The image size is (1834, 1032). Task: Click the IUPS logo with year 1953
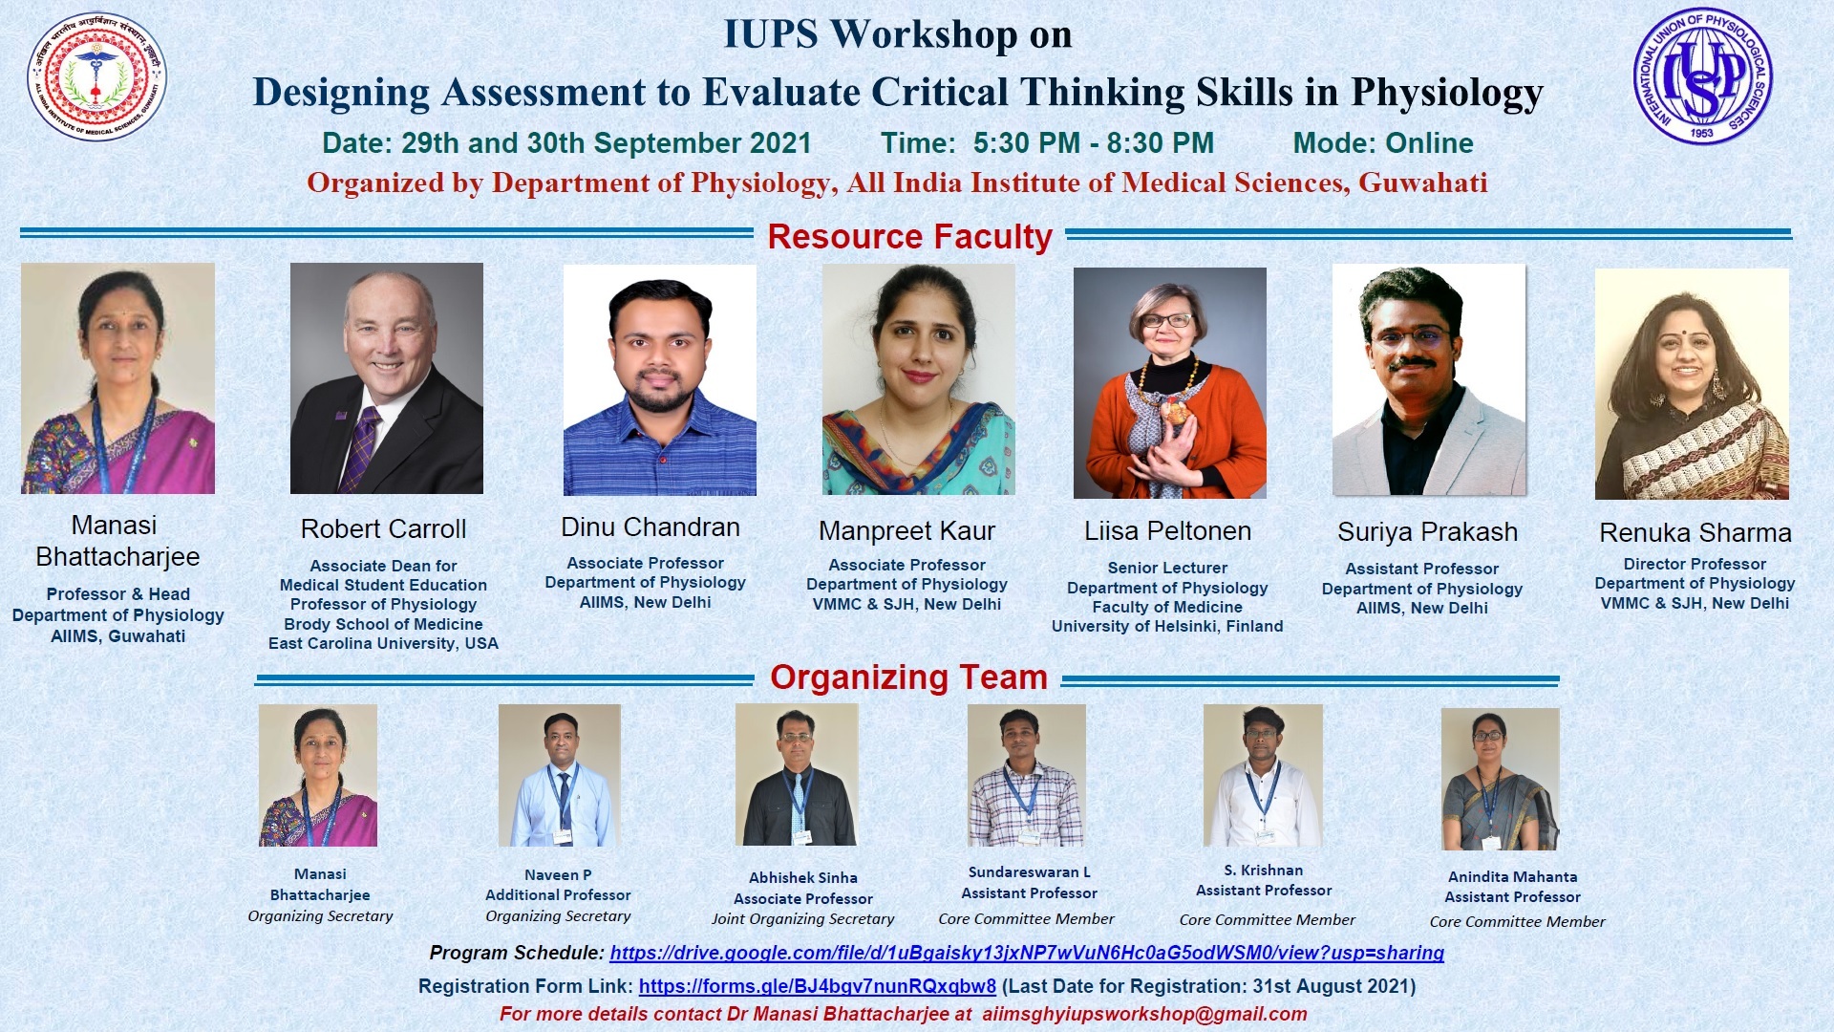(1702, 76)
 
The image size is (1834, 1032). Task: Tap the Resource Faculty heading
(909, 236)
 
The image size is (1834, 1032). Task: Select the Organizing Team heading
(908, 677)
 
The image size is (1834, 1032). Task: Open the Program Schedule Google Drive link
(1027, 953)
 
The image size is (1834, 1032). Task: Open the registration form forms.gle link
(818, 986)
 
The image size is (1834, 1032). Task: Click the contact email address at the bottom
(1144, 1014)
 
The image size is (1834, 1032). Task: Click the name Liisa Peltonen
(1167, 531)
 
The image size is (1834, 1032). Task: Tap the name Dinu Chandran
(650, 527)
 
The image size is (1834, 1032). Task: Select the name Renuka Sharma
(1695, 533)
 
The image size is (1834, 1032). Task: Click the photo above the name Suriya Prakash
(1429, 380)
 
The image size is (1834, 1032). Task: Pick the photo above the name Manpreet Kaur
(919, 380)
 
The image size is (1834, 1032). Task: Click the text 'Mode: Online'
(1383, 143)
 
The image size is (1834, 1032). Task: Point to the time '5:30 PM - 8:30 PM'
(1094, 143)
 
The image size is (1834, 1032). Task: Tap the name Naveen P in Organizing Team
(558, 875)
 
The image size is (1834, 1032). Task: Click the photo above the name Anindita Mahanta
(1501, 779)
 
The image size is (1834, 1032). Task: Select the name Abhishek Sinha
(803, 878)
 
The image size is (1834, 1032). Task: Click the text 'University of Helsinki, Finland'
(1167, 627)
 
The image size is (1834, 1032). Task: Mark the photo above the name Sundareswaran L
(1027, 776)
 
